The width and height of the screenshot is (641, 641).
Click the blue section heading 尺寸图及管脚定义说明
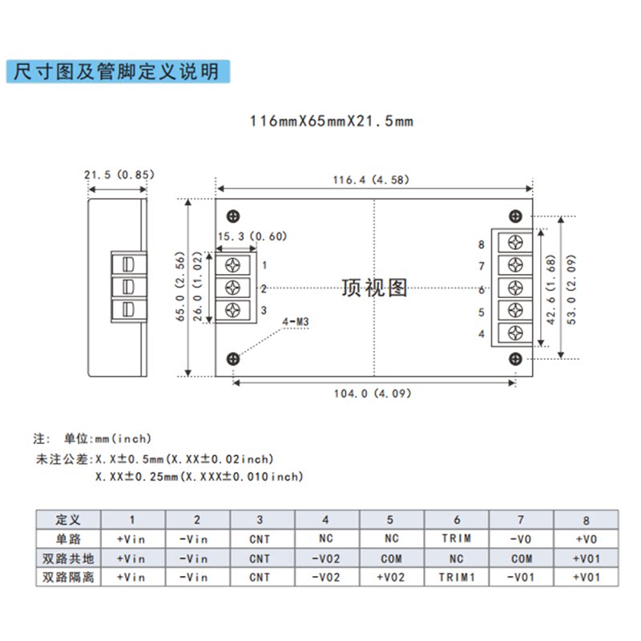112,71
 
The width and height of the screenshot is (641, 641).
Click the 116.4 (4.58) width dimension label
371,179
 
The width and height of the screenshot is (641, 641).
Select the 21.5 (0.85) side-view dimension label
119,174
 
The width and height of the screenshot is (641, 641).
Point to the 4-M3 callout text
296,323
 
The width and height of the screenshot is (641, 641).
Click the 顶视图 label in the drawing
374,288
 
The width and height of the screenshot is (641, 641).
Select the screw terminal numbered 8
515,244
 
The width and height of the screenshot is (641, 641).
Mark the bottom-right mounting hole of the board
517,358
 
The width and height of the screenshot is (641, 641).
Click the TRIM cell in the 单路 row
456,538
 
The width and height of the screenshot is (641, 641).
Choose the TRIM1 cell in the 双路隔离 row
456,577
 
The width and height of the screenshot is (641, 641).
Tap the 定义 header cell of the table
67,519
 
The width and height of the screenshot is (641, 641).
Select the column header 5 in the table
391,519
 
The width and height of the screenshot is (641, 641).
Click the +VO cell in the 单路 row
585,538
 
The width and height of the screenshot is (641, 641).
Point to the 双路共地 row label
67,558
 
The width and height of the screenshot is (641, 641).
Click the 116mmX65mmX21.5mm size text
331,122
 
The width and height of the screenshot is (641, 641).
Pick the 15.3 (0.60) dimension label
252,236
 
